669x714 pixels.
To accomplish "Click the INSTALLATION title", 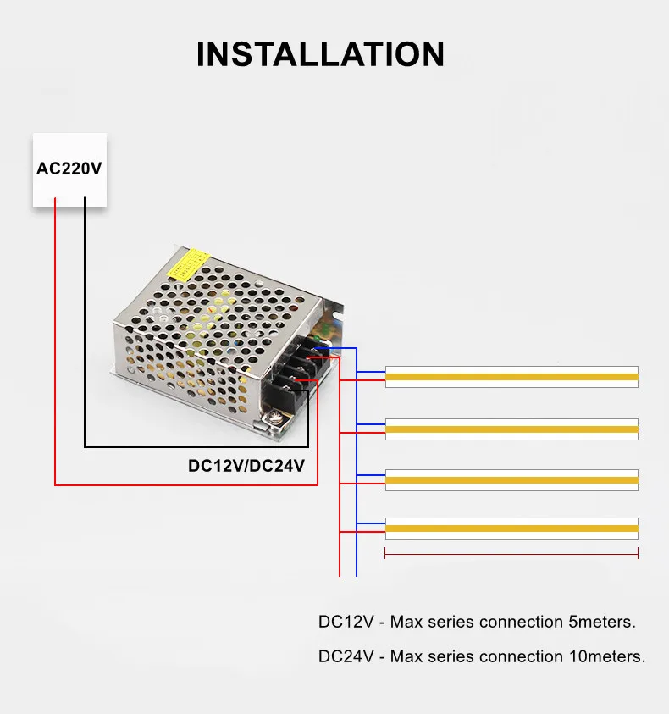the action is (320, 54).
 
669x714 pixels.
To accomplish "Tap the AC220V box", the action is (69, 169).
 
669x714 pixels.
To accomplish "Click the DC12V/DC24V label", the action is (246, 465).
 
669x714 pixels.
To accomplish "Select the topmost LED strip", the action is (511, 377).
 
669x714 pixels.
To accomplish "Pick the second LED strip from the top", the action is (511, 429).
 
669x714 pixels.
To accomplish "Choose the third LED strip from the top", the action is (511, 479).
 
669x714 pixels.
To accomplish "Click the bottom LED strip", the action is (511, 529).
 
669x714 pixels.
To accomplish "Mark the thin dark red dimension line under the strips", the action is (511, 556).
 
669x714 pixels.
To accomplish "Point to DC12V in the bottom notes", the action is (346, 622).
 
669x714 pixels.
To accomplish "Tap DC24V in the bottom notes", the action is (346, 656).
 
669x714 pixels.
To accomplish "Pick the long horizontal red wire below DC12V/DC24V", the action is (186, 485).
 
